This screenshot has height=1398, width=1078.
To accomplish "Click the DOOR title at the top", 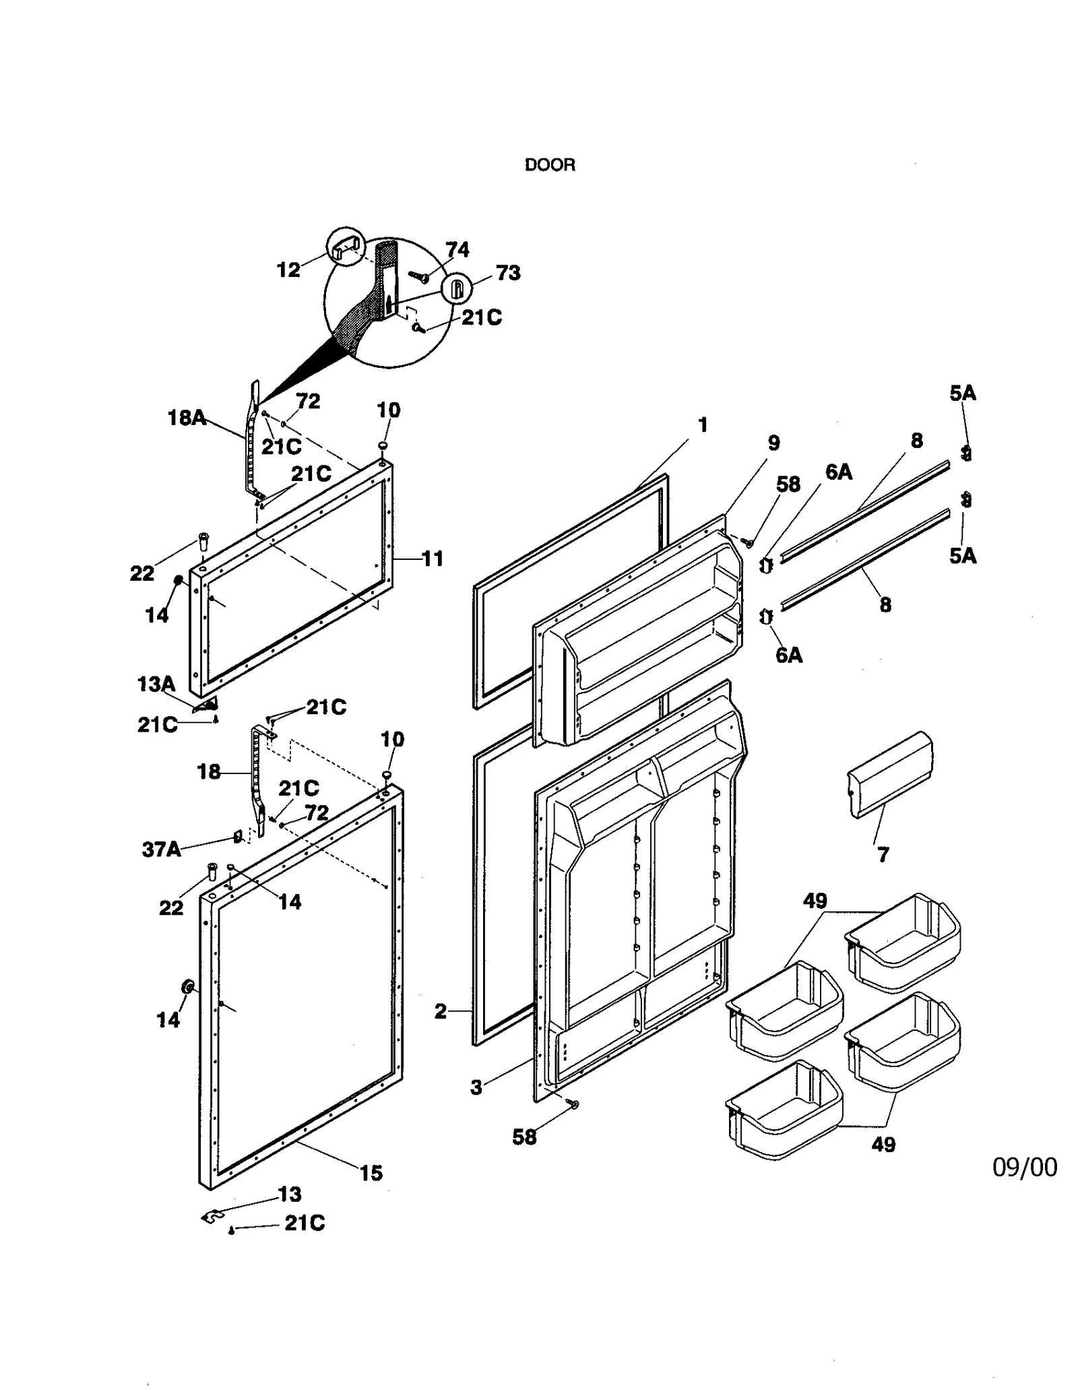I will tap(550, 165).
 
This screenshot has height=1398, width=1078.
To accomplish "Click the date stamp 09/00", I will tap(1024, 1167).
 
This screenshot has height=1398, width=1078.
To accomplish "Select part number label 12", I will tap(288, 270).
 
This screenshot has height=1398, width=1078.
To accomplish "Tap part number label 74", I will tap(457, 250).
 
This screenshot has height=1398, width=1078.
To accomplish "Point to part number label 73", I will tap(508, 273).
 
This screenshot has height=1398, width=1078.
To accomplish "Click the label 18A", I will tap(187, 418).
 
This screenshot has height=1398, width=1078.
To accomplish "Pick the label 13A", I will tap(156, 685).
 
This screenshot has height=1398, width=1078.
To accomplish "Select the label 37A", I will tap(162, 850).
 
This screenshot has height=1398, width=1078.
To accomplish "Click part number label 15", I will tap(371, 1173).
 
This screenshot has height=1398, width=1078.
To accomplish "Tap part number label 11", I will tap(433, 559).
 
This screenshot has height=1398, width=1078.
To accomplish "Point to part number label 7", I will tap(883, 855).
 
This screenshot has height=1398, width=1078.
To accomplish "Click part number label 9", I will tap(773, 443).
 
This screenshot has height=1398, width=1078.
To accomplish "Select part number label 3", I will tap(476, 1087).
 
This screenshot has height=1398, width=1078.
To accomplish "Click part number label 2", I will tap(440, 1011).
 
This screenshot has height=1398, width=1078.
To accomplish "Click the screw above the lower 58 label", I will tap(573, 1104).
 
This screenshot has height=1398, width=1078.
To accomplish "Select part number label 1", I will tap(703, 425).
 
